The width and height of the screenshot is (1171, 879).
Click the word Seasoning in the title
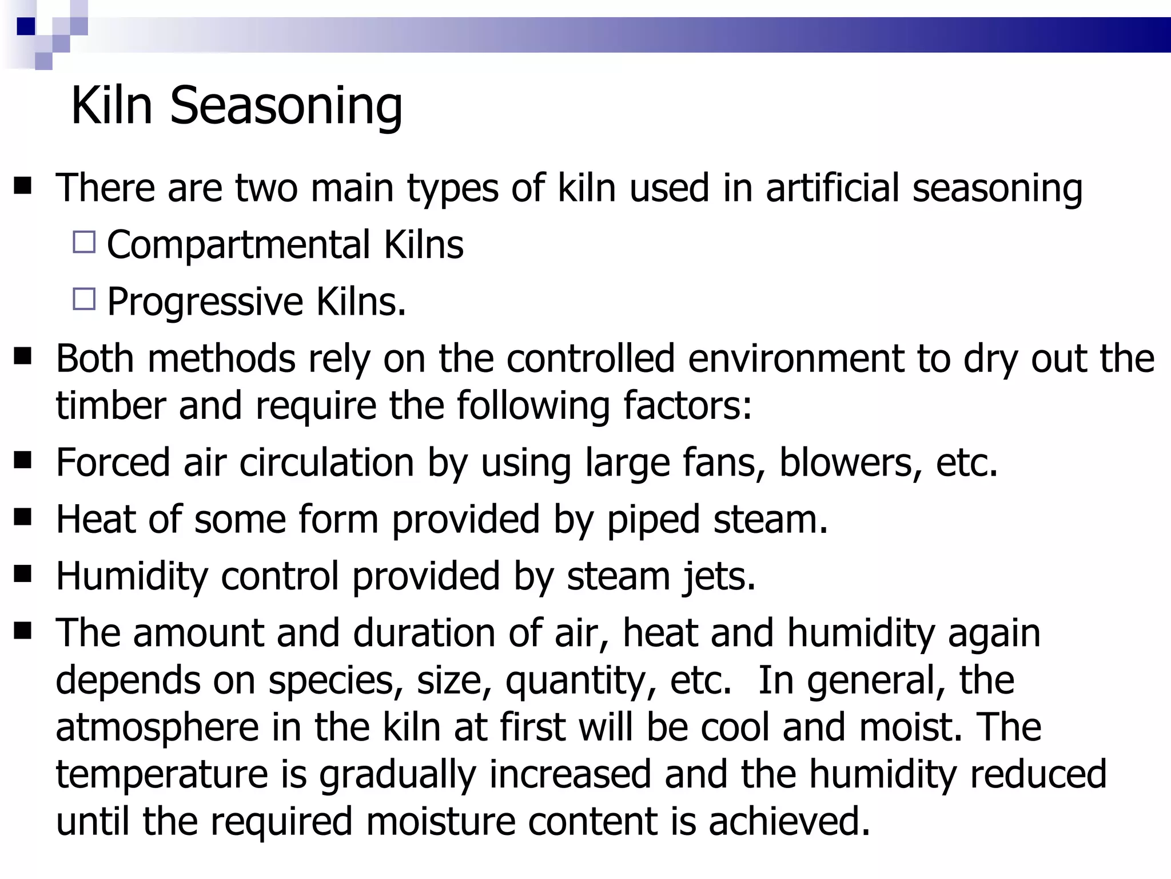click(286, 106)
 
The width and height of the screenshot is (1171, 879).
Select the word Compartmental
click(238, 245)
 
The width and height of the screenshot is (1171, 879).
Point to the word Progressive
click(205, 302)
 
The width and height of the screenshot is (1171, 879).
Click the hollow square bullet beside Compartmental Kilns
click(85, 242)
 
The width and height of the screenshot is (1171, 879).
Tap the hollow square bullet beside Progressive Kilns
click(85, 299)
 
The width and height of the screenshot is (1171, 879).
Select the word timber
click(110, 405)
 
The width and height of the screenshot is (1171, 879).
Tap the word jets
click(719, 576)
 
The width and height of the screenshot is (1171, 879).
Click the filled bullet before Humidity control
click(23, 574)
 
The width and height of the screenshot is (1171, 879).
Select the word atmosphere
click(157, 727)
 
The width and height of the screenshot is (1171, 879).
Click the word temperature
click(162, 775)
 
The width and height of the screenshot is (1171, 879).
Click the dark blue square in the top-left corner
click(26, 26)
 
